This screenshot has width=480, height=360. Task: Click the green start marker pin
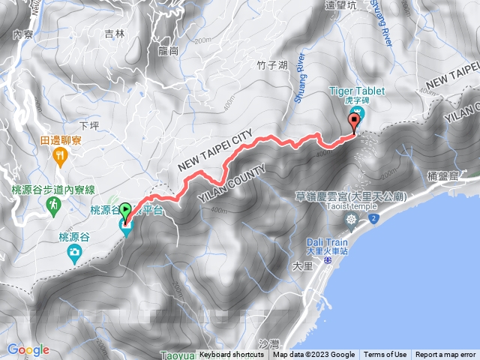click(125, 212)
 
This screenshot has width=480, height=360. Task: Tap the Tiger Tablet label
click(356, 91)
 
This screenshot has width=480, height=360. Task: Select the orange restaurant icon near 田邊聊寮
click(61, 155)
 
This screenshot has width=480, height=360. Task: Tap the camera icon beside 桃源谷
click(74, 253)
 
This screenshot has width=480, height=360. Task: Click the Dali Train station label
click(327, 242)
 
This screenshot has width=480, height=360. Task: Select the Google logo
click(28, 349)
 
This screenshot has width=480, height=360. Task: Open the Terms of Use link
click(385, 355)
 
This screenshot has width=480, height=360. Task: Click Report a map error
click(445, 355)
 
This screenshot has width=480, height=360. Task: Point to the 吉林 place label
click(115, 33)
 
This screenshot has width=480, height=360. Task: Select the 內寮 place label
click(24, 34)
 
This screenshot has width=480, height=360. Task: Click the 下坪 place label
click(88, 125)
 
